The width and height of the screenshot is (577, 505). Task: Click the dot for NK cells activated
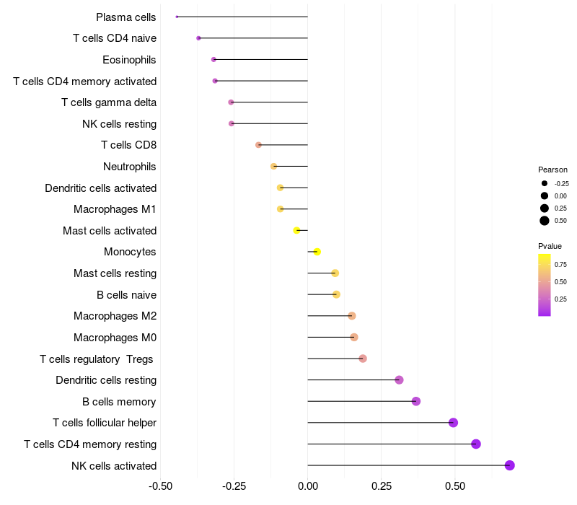coord(509,465)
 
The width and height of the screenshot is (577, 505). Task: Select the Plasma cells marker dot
coord(177,17)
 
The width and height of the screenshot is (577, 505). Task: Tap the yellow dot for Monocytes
coord(317,252)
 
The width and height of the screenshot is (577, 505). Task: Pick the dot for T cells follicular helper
coord(453,423)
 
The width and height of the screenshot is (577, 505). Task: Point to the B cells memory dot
coord(415,401)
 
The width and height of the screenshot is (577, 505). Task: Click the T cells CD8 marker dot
coord(258,145)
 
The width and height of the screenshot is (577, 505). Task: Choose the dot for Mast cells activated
coord(296,230)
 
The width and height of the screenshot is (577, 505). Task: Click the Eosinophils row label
coord(129,60)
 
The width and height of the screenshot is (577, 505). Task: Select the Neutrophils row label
coord(130,167)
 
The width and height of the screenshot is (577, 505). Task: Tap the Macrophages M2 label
coord(115,316)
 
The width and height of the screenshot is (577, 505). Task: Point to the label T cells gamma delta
coord(109,102)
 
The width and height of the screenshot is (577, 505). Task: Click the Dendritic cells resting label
coord(106,380)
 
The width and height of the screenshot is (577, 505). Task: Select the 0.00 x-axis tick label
coord(308,486)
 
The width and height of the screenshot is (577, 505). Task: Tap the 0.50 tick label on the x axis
coord(455,486)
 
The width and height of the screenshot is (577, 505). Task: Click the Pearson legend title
coord(552,170)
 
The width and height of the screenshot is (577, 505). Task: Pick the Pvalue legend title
coord(550,246)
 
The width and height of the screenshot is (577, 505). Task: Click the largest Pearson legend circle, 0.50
coord(544,221)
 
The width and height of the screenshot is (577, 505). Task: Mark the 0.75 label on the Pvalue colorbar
coord(560,264)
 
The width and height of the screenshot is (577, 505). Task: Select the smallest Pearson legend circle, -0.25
coord(544,183)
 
